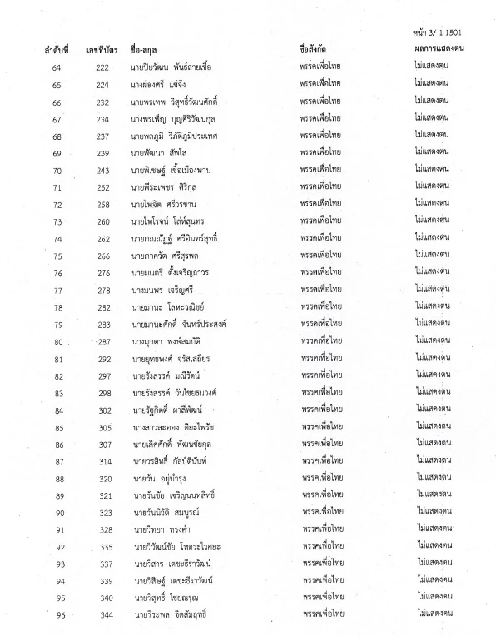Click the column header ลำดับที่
click(56, 50)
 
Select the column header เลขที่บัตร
click(102, 50)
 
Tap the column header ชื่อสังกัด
click(313, 49)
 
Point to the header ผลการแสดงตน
click(439, 48)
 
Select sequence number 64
click(56, 68)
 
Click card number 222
click(102, 68)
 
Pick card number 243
click(103, 171)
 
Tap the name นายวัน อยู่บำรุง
click(160, 479)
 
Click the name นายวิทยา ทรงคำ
click(162, 530)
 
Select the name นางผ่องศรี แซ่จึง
click(158, 85)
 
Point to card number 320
click(105, 479)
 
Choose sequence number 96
click(61, 615)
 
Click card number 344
click(107, 615)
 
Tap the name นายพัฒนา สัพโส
click(159, 153)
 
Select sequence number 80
click(58, 342)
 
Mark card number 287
click(104, 342)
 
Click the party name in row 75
click(321, 255)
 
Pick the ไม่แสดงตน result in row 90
click(434, 511)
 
